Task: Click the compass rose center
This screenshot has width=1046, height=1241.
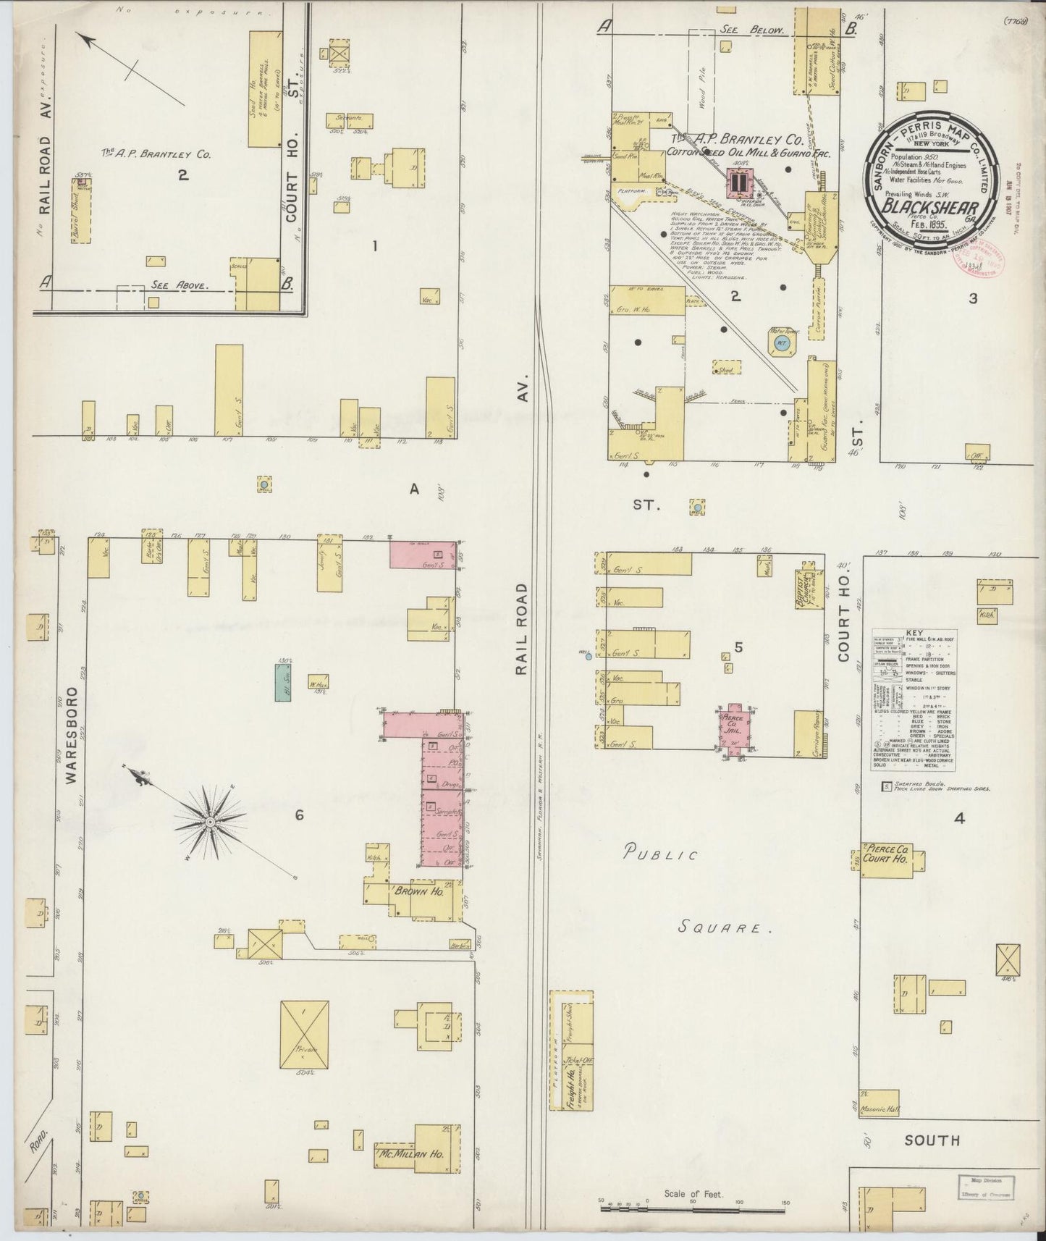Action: tap(209, 822)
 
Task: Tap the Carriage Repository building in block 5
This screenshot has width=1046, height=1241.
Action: tap(807, 733)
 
